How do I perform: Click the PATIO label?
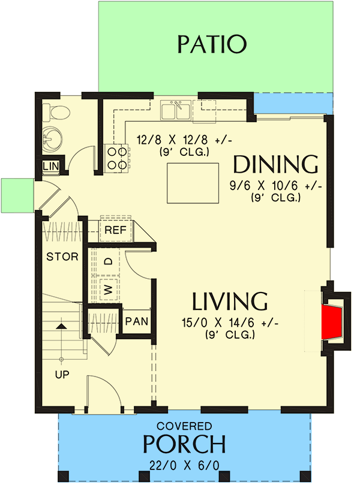(x=212, y=44)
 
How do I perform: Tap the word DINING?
(x=275, y=164)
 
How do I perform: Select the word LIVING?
(x=230, y=300)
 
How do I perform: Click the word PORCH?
(x=184, y=444)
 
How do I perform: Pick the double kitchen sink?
(x=176, y=110)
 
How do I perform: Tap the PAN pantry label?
(x=137, y=321)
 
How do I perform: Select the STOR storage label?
(x=62, y=257)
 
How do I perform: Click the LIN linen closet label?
(x=50, y=166)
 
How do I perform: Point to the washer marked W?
(x=109, y=290)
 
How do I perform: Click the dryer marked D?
(x=109, y=261)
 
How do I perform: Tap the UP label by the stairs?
(x=62, y=375)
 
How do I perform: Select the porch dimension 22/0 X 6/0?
(x=184, y=464)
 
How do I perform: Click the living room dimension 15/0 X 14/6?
(x=229, y=323)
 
